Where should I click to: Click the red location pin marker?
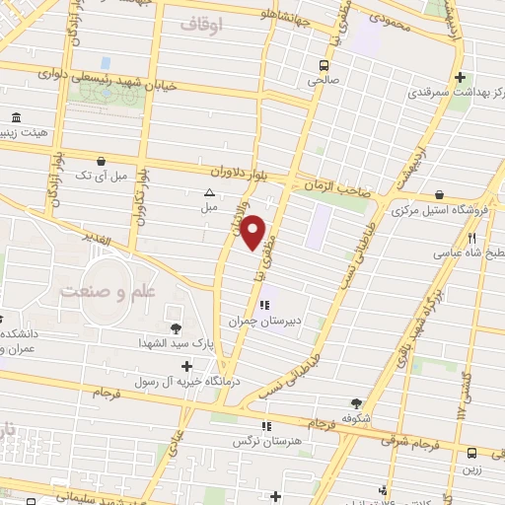[254, 232]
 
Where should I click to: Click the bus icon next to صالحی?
[323, 66]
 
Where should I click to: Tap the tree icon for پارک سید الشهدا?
[176, 328]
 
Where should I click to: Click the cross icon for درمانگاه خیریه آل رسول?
[186, 366]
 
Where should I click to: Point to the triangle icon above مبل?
[209, 193]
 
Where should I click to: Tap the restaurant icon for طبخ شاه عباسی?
[471, 238]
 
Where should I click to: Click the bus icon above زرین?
[471, 453]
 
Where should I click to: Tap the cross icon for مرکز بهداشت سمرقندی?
[462, 78]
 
